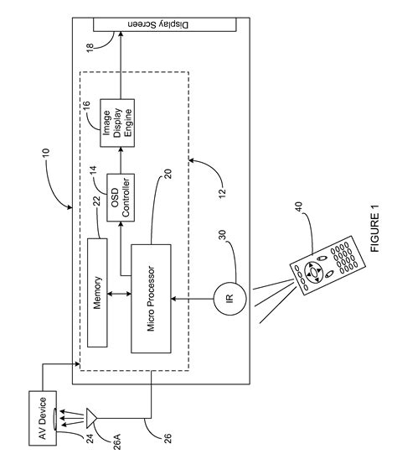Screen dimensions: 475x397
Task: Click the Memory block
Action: click(x=100, y=292)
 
